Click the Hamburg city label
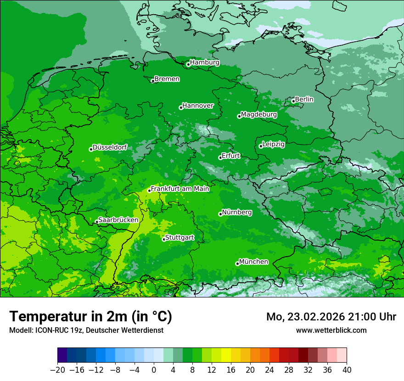coord(205,62)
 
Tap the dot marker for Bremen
coord(153,81)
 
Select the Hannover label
coord(198,106)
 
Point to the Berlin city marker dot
coord(293,101)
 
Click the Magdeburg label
coord(259,114)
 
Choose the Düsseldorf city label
coord(110,147)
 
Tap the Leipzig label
coord(274,144)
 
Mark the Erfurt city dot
coord(220,157)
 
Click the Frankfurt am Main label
coord(180,189)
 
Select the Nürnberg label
coord(237,213)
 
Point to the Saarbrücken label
coord(118,220)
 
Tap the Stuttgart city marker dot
coord(164,239)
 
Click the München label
coord(253,262)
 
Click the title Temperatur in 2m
coord(91,316)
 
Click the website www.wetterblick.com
coord(331,330)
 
